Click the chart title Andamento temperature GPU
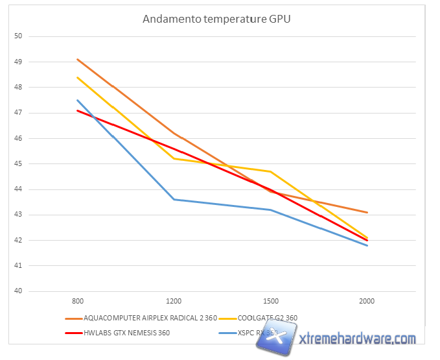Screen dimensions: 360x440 [216, 19]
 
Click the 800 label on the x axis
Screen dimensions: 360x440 [77, 302]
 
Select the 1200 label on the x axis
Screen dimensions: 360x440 [174, 302]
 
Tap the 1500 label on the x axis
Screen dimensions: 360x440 [270, 302]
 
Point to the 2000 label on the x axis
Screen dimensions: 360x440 [367, 302]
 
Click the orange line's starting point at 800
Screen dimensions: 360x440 [77, 59]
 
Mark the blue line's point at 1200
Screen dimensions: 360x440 [174, 199]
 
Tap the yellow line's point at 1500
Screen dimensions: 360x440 [270, 171]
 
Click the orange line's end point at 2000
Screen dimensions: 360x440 [367, 212]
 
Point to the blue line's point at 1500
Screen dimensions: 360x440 [270, 210]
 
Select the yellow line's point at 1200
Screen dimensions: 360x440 [174, 158]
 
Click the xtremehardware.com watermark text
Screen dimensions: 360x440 [357, 339]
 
